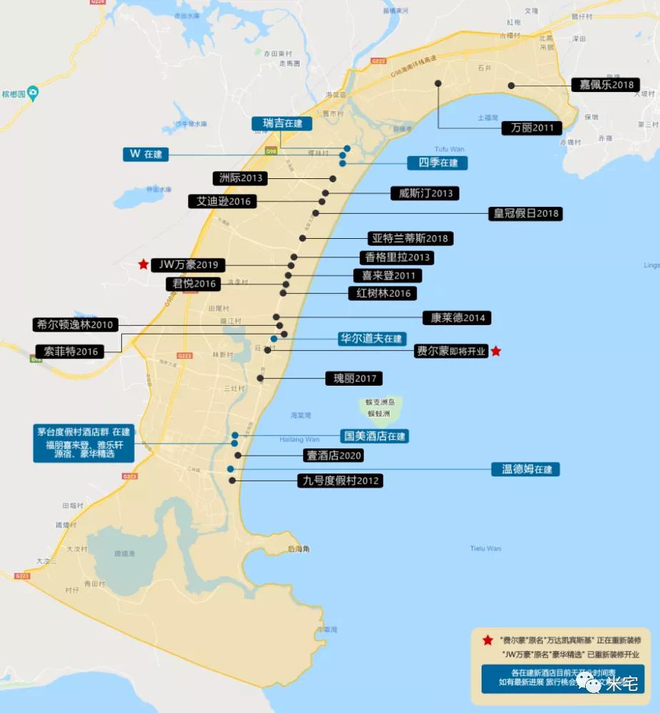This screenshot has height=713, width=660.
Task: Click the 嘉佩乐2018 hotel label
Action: (x=606, y=85)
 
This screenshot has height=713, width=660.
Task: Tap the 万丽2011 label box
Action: (x=532, y=128)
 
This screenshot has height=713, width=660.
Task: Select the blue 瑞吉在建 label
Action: (x=283, y=123)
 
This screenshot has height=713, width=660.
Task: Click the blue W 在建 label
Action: (x=146, y=154)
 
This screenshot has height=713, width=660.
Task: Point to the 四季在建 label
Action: (x=437, y=163)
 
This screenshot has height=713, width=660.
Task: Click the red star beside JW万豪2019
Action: (x=143, y=265)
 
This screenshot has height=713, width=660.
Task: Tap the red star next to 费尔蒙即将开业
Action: (x=496, y=351)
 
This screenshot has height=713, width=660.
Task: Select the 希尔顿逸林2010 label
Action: (x=75, y=325)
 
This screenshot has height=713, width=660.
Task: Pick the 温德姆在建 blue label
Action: (x=526, y=469)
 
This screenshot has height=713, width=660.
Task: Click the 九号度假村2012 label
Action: (x=340, y=481)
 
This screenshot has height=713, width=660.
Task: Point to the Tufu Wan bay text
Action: (x=449, y=149)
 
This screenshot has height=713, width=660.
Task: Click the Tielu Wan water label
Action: (x=485, y=548)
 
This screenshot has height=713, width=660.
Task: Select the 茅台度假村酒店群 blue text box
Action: (x=84, y=442)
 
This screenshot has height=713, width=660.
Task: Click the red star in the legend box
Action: (x=487, y=640)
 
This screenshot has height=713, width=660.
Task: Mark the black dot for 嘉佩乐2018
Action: (x=512, y=86)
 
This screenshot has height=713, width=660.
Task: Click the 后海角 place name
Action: (x=298, y=549)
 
